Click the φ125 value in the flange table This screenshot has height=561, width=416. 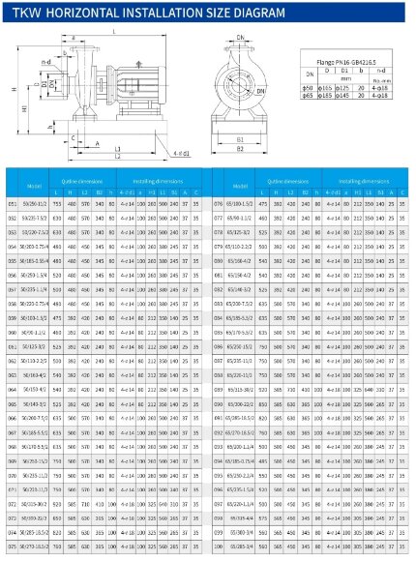tap(343, 87)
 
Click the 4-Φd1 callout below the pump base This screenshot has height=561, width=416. tap(180, 155)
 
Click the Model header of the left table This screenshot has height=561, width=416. tap(35, 186)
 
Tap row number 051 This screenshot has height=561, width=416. tap(13, 205)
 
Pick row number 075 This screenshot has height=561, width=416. tap(13, 546)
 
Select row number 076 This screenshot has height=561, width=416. tap(217, 205)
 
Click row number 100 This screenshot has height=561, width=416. tap(217, 546)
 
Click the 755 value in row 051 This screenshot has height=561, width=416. tap(61, 205)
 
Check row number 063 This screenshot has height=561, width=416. tap(13, 375)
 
